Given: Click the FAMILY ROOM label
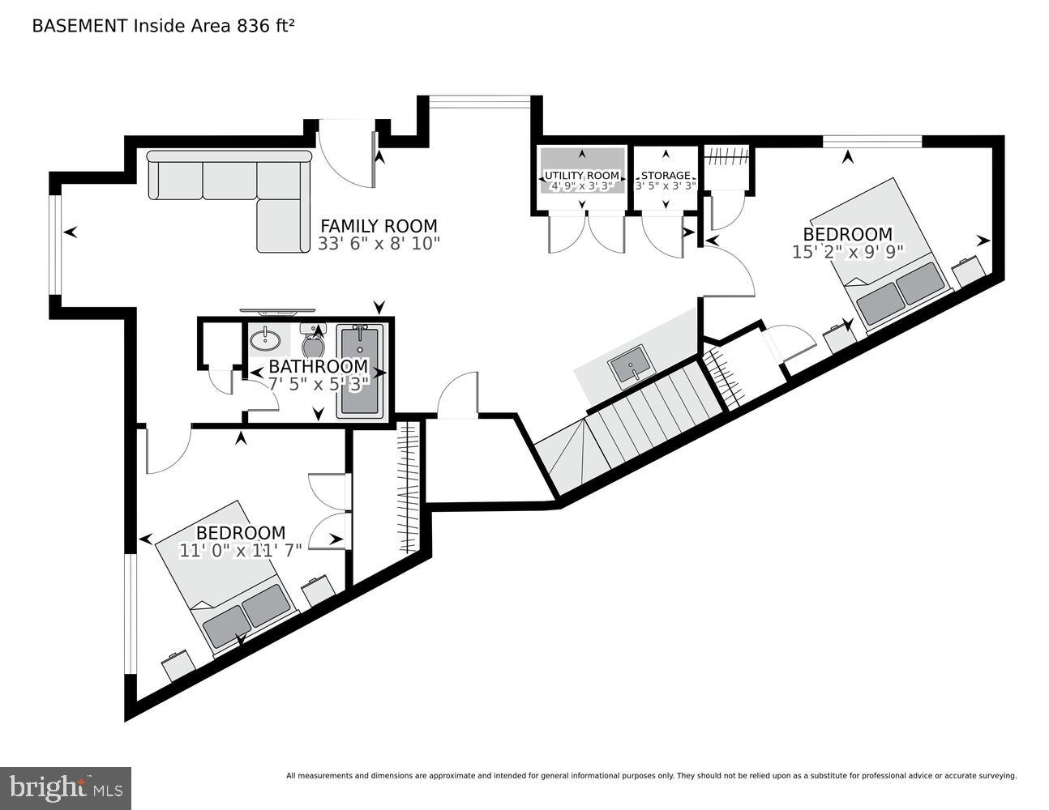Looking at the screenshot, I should (x=379, y=226).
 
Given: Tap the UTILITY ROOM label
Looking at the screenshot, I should (x=581, y=175).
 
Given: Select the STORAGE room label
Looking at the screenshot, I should (x=666, y=175).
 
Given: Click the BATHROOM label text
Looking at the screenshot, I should (x=318, y=366).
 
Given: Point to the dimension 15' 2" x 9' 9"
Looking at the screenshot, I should (x=847, y=252).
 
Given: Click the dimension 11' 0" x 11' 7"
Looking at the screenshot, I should (x=241, y=549).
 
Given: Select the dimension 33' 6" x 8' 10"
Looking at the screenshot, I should (x=379, y=244).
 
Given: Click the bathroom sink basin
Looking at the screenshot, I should (x=264, y=339).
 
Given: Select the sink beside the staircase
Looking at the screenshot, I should (x=630, y=367).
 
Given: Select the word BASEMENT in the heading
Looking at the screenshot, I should (x=79, y=25).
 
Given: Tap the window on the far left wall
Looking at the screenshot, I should (x=55, y=244).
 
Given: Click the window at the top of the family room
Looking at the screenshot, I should (x=479, y=101).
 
